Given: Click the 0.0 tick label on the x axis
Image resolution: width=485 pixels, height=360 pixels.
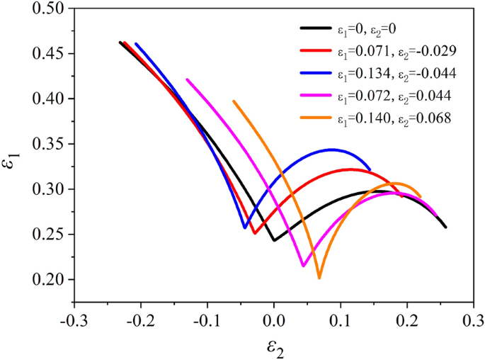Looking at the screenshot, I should pos(274,321).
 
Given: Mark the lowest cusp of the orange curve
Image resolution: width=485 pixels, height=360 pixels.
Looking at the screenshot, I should pos(319,278).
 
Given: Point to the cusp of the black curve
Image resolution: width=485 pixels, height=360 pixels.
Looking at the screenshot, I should pos(274,240).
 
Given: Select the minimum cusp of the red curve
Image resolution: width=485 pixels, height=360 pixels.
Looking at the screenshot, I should pos(254,233).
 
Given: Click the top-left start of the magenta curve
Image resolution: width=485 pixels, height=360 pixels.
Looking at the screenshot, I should pos(187,79).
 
